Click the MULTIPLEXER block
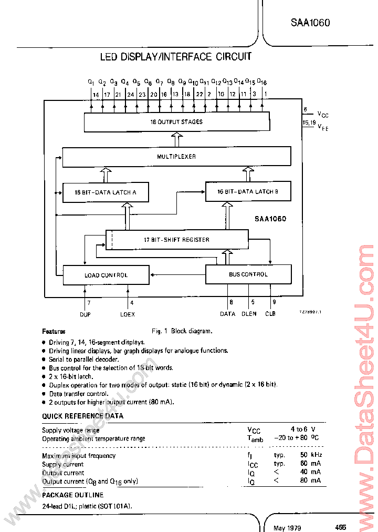[x=176, y=157]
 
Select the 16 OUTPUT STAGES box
[x=176, y=122]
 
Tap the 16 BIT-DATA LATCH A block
[x=106, y=192]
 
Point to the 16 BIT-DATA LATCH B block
[x=248, y=192]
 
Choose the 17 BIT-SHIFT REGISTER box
[x=177, y=240]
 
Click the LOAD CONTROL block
[x=106, y=275]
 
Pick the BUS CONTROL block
[x=248, y=274]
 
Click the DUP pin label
[x=85, y=314]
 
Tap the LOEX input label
[x=128, y=314]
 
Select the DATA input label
[x=228, y=314]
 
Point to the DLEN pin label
[x=249, y=314]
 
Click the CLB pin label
[x=271, y=314]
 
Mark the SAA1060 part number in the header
[x=310, y=23]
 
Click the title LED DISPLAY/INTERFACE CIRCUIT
[x=176, y=57]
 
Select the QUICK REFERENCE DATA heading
[x=82, y=416]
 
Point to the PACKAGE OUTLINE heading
[x=72, y=495]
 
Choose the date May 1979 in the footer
[x=287, y=527]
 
